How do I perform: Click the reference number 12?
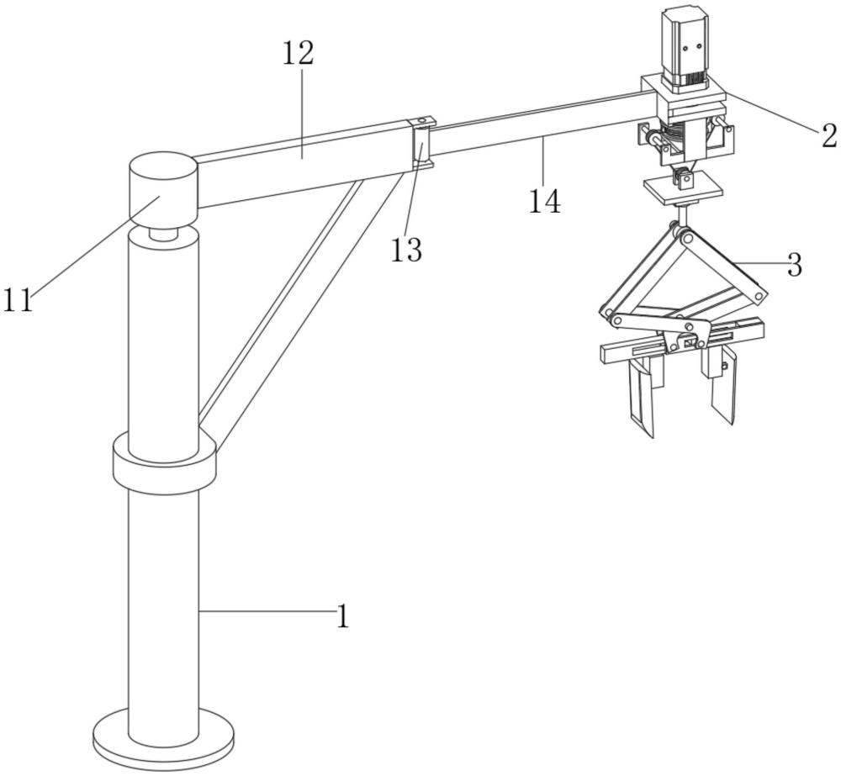pyautogui.click(x=298, y=53)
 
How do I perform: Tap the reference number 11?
pyautogui.click(x=19, y=300)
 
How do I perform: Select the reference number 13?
pyautogui.click(x=406, y=249)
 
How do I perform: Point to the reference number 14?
pyautogui.click(x=546, y=201)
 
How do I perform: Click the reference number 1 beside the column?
pyautogui.click(x=342, y=616)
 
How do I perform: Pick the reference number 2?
pyautogui.click(x=829, y=135)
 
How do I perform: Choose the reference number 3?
pyautogui.click(x=794, y=266)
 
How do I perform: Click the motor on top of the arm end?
pyautogui.click(x=688, y=45)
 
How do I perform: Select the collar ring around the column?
pyautogui.click(x=164, y=469)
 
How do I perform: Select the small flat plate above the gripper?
pyautogui.click(x=682, y=188)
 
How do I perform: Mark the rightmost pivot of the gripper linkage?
pyautogui.click(x=761, y=296)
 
